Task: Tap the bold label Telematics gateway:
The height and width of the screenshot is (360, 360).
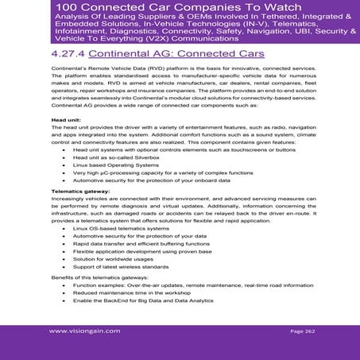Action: click(x=80, y=192)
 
